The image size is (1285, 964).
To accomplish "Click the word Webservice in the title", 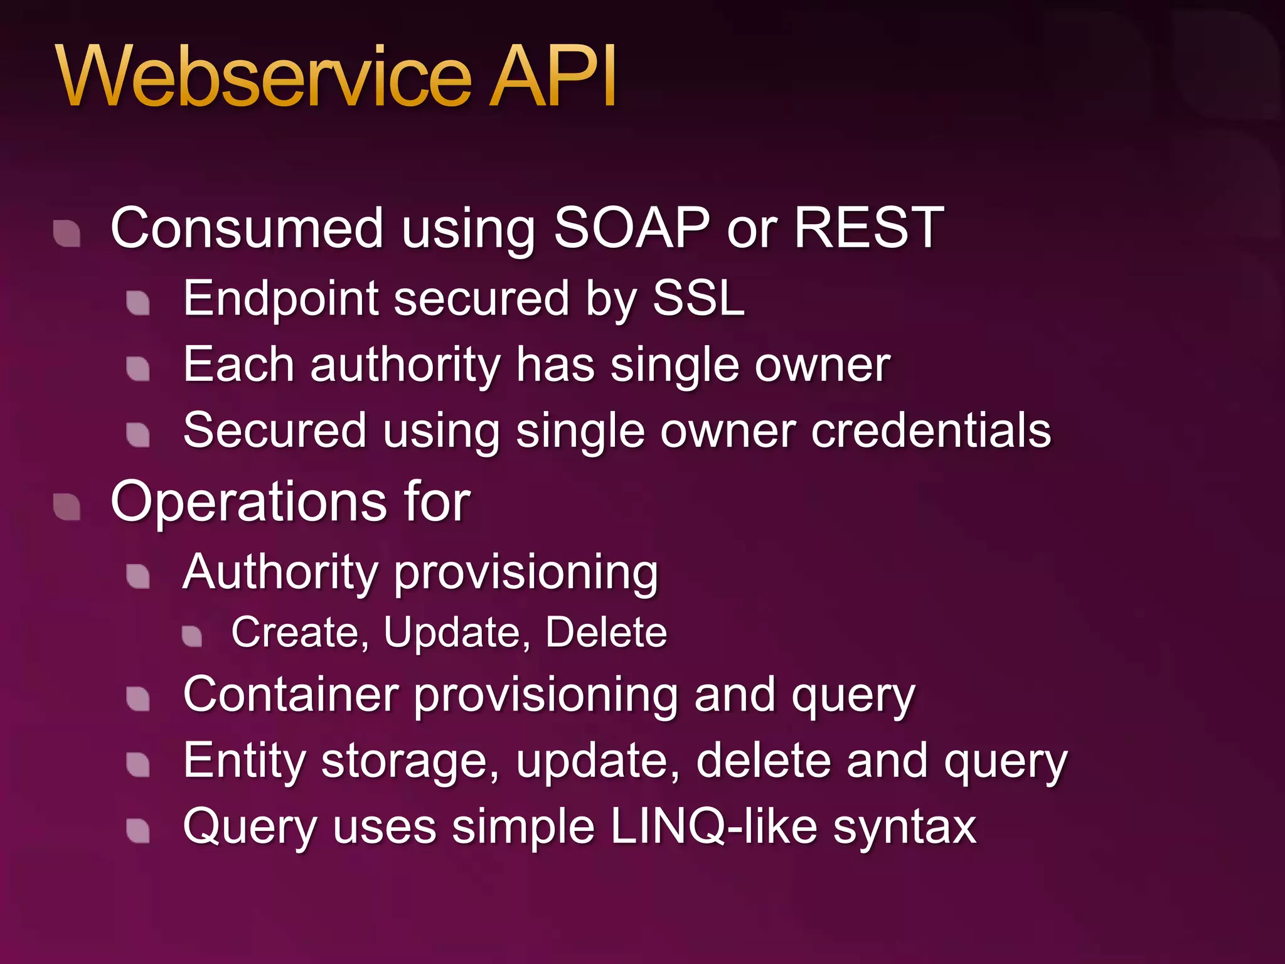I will [x=264, y=77].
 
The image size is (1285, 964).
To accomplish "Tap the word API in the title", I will [x=552, y=77].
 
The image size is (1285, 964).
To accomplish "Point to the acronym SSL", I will [x=698, y=298].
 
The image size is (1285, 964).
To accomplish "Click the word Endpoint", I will [x=280, y=299].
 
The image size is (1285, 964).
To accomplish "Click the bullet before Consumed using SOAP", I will [x=67, y=234].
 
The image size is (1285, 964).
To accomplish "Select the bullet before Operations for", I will [x=67, y=507].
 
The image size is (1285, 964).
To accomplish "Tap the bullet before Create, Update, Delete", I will [x=192, y=636].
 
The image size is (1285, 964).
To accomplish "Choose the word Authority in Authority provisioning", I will [x=280, y=573].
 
